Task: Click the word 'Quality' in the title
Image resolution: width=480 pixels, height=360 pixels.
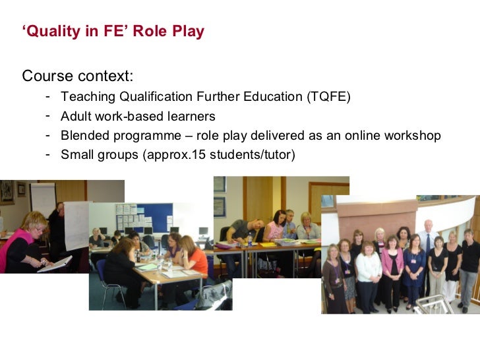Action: tap(50, 32)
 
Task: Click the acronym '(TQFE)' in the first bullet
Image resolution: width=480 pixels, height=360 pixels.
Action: tap(328, 98)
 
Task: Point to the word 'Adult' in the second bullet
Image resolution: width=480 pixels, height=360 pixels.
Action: tap(76, 117)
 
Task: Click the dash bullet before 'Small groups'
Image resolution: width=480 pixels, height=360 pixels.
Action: tap(48, 155)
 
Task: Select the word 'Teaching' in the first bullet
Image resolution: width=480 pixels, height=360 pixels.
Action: tap(88, 98)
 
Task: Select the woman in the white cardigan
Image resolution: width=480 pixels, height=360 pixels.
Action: tap(368, 270)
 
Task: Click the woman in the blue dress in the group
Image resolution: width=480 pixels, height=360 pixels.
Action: tap(414, 267)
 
